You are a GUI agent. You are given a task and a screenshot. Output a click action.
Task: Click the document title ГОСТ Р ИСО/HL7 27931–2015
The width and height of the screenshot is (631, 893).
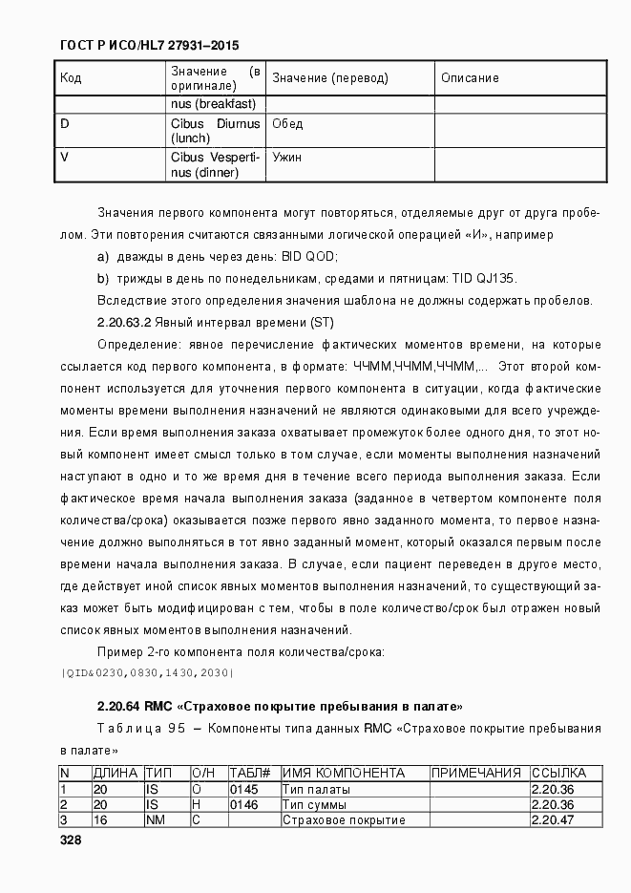point(149,45)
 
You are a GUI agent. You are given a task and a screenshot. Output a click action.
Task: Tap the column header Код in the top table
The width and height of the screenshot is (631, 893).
point(71,78)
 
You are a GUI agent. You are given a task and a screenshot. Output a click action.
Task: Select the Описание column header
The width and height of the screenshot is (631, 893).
point(470,78)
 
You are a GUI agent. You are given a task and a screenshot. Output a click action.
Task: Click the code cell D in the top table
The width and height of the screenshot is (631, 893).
point(65,124)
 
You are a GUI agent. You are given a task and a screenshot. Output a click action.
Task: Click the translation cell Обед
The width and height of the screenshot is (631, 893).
point(287,124)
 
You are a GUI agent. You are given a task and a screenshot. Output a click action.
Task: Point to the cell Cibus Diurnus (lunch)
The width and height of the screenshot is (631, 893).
point(215,131)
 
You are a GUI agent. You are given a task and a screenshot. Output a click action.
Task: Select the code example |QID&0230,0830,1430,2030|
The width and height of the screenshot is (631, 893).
point(147,673)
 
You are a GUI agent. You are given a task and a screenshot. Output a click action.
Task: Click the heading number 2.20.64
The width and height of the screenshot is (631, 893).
point(119,707)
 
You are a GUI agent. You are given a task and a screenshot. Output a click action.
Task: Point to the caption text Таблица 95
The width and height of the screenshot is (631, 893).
point(141,730)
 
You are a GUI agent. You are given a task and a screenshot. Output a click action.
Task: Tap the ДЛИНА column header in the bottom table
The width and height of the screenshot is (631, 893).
point(115,773)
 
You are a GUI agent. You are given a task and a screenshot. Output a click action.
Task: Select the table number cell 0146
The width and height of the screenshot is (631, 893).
point(242,805)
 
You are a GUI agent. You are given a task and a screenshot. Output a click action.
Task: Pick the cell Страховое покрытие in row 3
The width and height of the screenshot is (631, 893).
point(344,820)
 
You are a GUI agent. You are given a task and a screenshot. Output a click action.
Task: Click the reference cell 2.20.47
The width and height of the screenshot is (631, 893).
point(553,820)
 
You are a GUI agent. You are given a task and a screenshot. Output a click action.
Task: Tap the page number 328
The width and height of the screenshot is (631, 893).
point(70,840)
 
